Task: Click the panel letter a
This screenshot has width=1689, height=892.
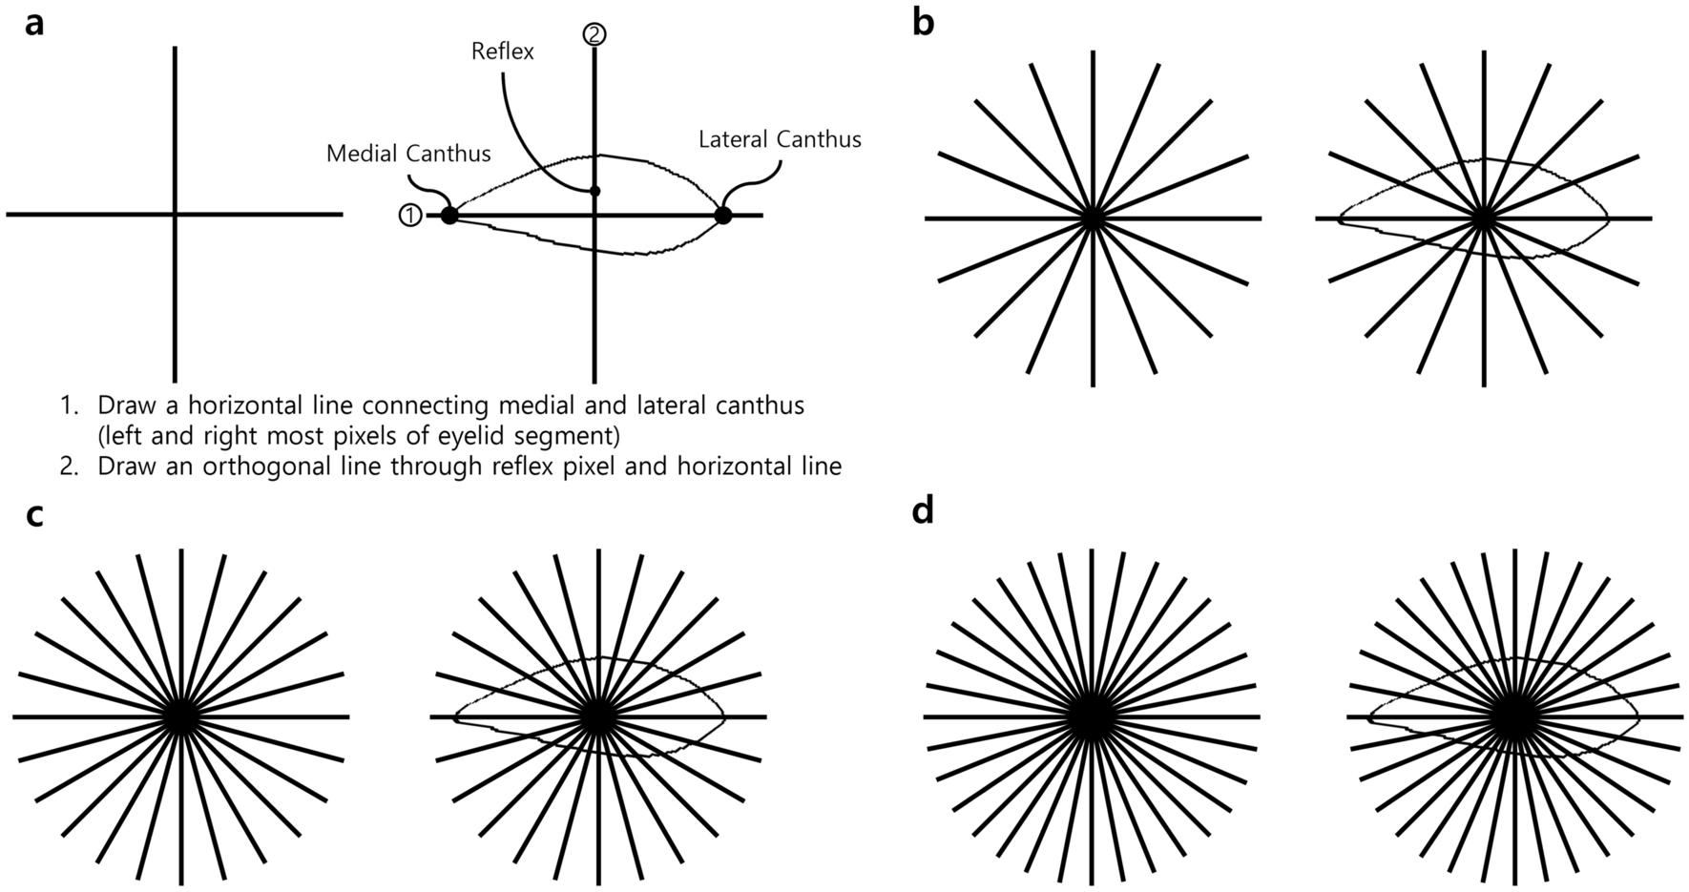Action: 33,23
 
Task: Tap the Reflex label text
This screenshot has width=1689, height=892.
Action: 503,52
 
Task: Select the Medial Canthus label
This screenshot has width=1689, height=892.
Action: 408,154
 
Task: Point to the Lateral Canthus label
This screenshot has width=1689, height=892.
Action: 780,140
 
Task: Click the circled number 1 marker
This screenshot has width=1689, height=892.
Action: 409,216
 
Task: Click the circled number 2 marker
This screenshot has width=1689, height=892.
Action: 594,34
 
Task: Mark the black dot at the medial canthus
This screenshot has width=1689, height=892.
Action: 449,216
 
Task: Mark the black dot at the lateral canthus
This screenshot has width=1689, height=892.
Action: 722,216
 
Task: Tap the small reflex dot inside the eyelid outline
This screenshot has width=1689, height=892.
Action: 594,192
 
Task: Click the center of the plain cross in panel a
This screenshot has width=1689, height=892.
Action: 175,215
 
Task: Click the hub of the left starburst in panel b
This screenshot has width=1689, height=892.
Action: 1093,218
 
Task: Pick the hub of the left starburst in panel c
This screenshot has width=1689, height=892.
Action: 181,716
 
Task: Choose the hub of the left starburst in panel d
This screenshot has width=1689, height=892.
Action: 1092,716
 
